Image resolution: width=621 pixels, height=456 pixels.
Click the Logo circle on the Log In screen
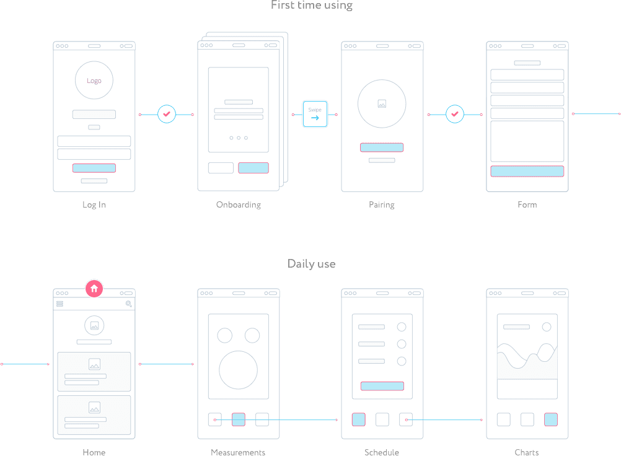pyautogui.click(x=94, y=81)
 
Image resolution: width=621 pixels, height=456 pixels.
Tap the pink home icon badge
pyautogui.click(x=94, y=289)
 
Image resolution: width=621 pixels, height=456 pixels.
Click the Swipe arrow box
pyautogui.click(x=315, y=114)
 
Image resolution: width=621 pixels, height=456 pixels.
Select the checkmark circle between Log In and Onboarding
pyautogui.click(x=166, y=114)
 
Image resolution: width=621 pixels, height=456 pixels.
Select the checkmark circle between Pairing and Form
pyautogui.click(x=455, y=114)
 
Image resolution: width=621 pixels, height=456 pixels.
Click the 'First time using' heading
pyautogui.click(x=312, y=6)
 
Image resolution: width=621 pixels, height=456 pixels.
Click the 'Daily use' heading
pyautogui.click(x=311, y=264)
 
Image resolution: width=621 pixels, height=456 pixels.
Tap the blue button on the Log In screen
pyautogui.click(x=94, y=168)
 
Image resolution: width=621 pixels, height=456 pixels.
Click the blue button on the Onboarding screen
pyautogui.click(x=253, y=168)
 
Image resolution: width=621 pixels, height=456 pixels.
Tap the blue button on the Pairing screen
pyautogui.click(x=382, y=147)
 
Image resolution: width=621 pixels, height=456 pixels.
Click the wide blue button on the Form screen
pyautogui.click(x=527, y=172)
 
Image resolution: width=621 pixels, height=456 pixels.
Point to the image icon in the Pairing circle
pyautogui.click(x=382, y=104)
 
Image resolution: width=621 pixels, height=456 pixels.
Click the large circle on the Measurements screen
pyautogui.click(x=238, y=370)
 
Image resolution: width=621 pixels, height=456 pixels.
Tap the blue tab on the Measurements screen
pyautogui.click(x=239, y=419)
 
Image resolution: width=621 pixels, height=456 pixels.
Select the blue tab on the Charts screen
pyautogui.click(x=551, y=419)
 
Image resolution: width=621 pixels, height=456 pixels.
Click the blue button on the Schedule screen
pyautogui.click(x=382, y=386)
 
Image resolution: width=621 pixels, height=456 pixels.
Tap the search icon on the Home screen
pyautogui.click(x=129, y=304)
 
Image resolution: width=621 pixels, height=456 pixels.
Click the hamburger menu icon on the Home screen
pyautogui.click(x=60, y=304)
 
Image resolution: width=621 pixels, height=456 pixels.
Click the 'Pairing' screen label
pyautogui.click(x=382, y=204)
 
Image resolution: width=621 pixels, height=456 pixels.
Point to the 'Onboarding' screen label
pyautogui.click(x=239, y=204)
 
